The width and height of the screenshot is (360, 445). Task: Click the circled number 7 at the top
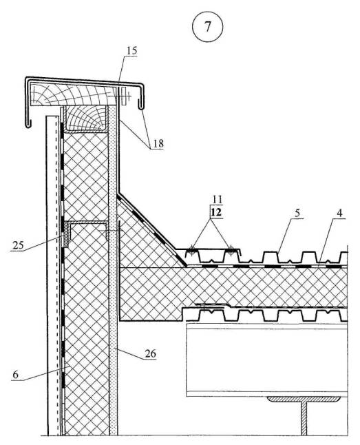click(x=208, y=27)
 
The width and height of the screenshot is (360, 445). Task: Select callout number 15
click(x=131, y=50)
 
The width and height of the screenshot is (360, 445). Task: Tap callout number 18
click(x=158, y=143)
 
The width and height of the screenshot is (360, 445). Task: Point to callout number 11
click(x=217, y=199)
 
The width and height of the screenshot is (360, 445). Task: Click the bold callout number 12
click(x=216, y=212)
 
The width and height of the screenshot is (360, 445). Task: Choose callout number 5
click(x=297, y=213)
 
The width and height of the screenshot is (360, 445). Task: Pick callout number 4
click(x=340, y=213)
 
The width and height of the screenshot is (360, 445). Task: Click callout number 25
click(x=19, y=245)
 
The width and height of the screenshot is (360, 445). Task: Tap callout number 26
click(x=150, y=353)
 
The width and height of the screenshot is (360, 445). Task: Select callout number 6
click(x=16, y=375)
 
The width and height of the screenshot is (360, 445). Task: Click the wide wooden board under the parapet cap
click(x=73, y=94)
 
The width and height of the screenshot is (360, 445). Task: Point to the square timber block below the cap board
click(x=85, y=118)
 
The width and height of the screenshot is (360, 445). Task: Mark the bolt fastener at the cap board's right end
click(x=124, y=96)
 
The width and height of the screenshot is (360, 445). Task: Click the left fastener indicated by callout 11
click(x=192, y=250)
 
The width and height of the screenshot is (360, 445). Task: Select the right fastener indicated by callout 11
click(x=231, y=250)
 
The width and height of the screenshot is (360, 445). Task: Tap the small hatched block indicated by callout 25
click(x=67, y=234)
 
